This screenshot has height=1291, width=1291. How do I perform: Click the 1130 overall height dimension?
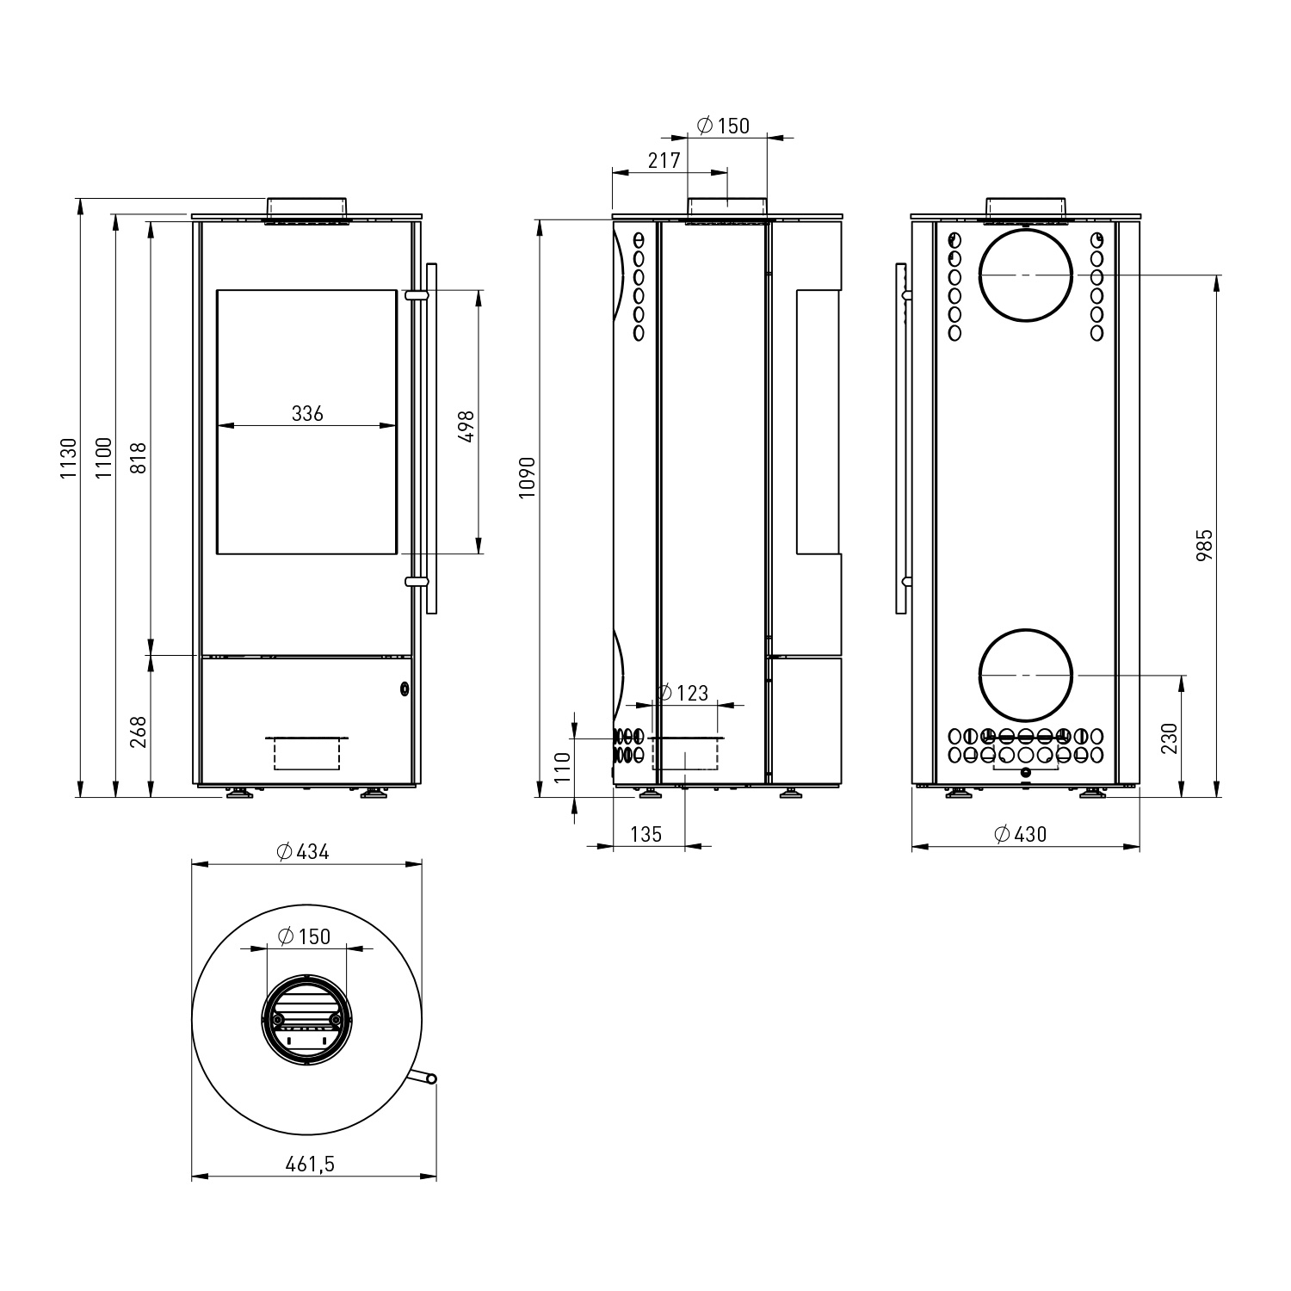point(70,458)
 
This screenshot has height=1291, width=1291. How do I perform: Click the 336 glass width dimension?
point(307,414)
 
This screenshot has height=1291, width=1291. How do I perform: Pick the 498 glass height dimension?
point(467,426)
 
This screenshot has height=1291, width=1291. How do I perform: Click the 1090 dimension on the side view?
point(528,477)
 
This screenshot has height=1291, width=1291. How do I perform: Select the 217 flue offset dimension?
point(664,160)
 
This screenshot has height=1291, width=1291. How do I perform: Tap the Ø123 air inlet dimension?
point(683,693)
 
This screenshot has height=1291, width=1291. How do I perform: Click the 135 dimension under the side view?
point(645,834)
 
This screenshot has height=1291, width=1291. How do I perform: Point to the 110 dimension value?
point(562,766)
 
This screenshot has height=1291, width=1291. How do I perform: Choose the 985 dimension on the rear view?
point(1205,545)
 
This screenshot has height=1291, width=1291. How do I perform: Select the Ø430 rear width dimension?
point(1020,834)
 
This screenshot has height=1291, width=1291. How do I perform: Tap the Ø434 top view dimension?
point(303,852)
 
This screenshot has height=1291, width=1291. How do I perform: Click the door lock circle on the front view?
point(404,689)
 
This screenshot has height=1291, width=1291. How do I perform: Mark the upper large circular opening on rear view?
point(1026,275)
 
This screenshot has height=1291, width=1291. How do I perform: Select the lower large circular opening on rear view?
point(1026,675)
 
